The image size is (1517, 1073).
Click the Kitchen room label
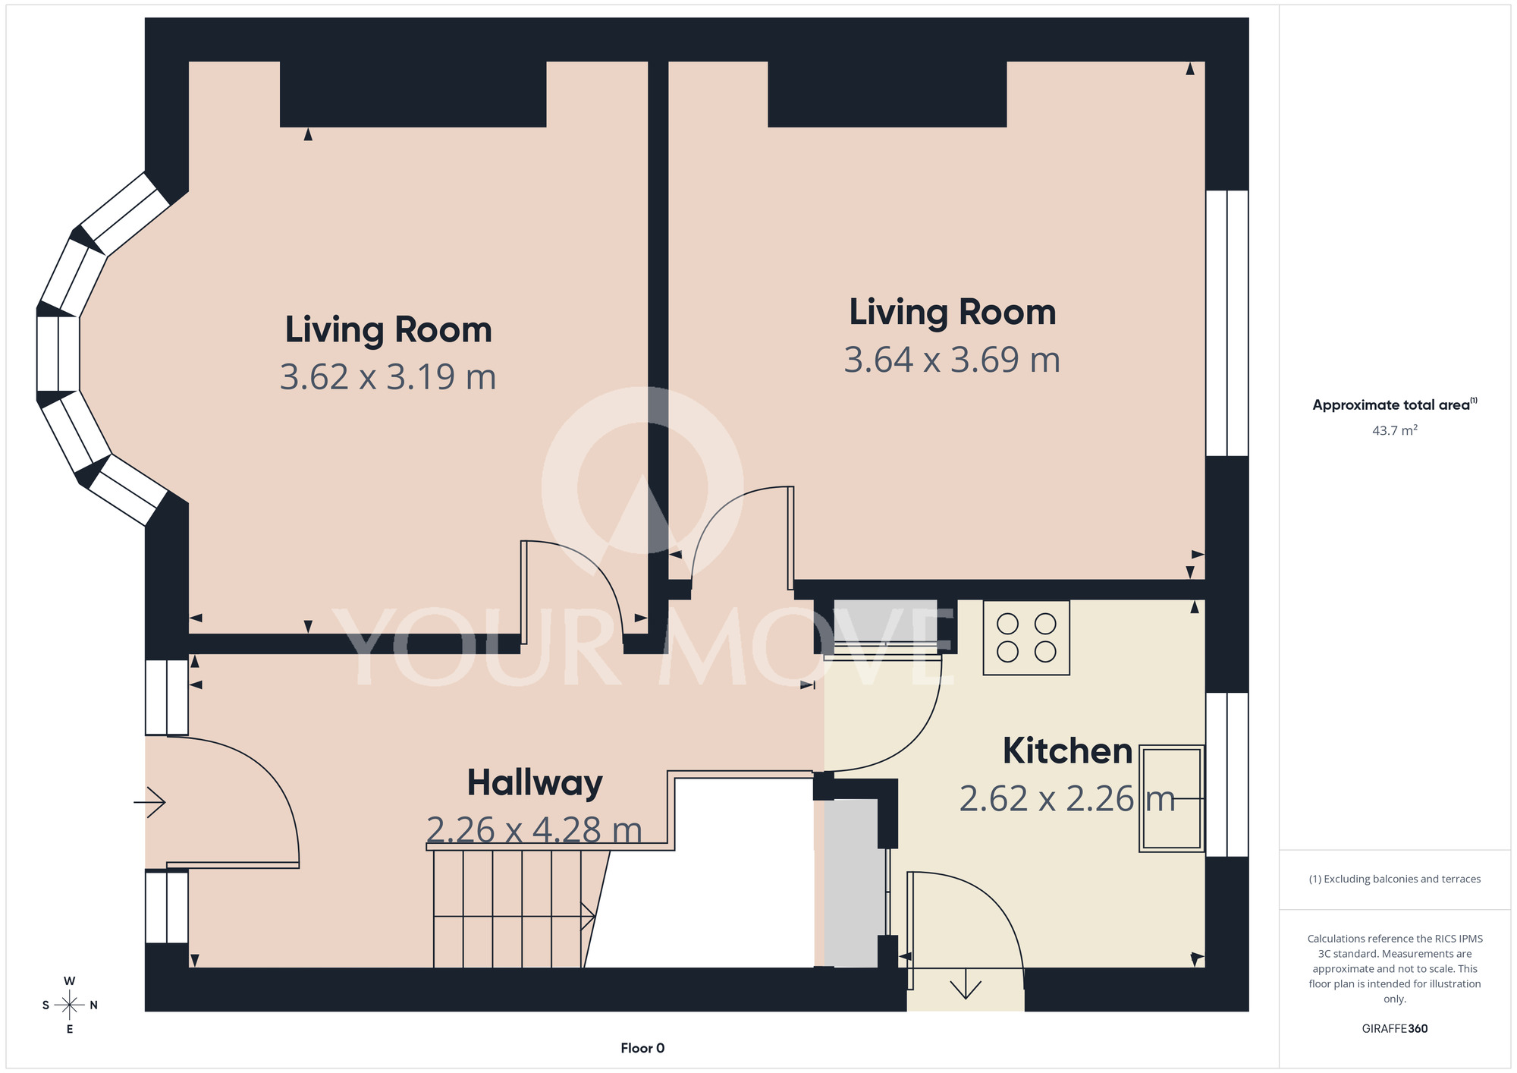pos(1067,751)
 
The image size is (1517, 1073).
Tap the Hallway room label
pos(535,783)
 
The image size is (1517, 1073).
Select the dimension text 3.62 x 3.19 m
pos(388,377)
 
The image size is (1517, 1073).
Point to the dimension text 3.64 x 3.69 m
pos(952,360)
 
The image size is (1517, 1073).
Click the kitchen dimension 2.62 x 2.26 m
pos(1067,799)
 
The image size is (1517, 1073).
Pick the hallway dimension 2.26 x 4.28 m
pos(534,830)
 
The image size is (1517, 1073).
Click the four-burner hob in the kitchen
pos(1026,637)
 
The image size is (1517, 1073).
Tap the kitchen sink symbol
pos(1171,798)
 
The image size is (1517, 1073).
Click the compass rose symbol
pos(70,1005)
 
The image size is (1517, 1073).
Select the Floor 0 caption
pos(642,1048)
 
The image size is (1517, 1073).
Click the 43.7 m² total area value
pos(1395,430)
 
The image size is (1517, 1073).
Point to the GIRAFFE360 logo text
pos(1395,1029)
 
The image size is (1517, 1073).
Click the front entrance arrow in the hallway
pos(149,802)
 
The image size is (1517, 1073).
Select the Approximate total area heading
pos(1395,404)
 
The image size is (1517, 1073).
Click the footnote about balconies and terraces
pos(1395,879)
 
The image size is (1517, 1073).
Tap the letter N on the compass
pos(94,1005)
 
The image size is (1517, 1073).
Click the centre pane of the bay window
pos(58,353)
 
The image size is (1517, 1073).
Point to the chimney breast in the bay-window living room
pos(413,94)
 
